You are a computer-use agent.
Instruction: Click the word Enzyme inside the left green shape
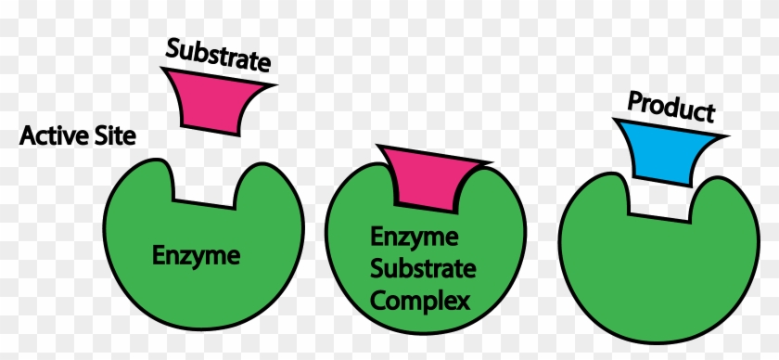coord(196,253)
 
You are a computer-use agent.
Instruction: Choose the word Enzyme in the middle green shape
coord(415,238)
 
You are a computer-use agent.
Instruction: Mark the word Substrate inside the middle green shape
coord(423,270)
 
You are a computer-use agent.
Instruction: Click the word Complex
coord(419,301)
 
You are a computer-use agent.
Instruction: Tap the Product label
coord(670,108)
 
